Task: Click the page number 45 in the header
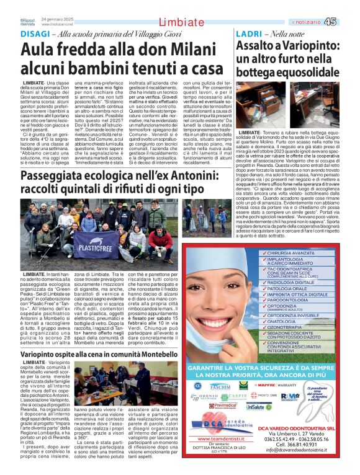click(x=347, y=22)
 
